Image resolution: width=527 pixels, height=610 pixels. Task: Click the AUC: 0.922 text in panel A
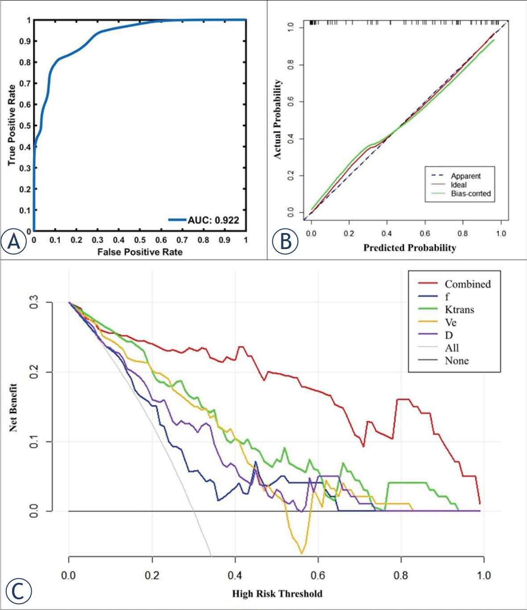tap(213, 220)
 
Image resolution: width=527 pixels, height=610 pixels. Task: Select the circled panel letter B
tap(284, 242)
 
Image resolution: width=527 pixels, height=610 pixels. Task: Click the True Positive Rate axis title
tap(12, 125)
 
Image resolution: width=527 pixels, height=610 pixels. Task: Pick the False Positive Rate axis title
tap(140, 252)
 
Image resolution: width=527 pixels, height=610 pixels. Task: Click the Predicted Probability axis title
tap(409, 248)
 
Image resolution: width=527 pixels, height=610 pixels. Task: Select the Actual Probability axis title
tap(278, 119)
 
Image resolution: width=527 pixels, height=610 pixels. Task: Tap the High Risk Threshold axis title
tap(277, 594)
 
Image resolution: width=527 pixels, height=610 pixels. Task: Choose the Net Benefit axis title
tap(13, 408)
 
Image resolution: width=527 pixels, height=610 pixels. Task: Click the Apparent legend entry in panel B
tap(465, 176)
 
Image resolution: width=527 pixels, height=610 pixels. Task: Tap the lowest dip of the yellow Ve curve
tap(302, 553)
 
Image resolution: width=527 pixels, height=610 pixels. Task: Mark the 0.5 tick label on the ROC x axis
tap(140, 240)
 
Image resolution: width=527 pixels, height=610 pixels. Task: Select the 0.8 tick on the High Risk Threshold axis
tap(401, 575)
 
